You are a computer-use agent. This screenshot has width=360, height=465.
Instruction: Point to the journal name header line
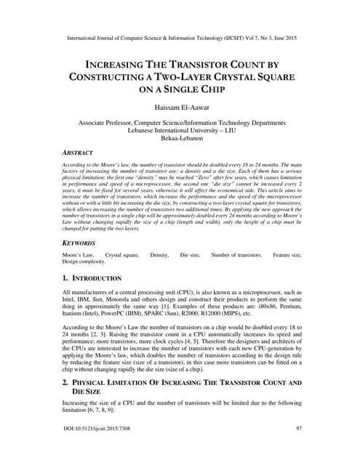180,34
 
